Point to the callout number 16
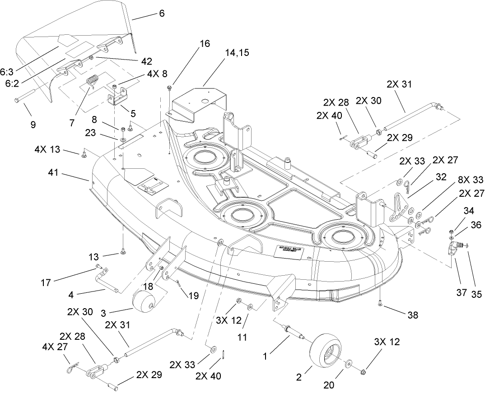(x=205, y=44)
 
